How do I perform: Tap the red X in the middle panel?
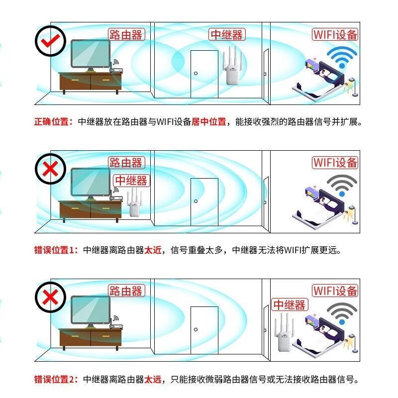coord(50,169)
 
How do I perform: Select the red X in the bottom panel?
coord(50,297)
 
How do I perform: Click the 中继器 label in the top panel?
coord(227,34)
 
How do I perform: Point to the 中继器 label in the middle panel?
coord(131,181)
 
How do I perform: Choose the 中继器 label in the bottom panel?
coord(290,304)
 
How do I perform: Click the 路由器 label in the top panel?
coord(126,34)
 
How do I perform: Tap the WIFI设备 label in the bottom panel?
coord(335,291)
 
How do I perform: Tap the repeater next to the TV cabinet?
coord(134,202)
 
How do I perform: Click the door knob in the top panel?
coord(196,73)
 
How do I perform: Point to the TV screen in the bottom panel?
coord(91,309)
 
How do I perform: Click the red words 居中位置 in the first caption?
coord(208,122)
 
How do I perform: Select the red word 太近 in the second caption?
coord(153,250)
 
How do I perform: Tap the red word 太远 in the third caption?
coord(153,380)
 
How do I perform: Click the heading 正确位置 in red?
coord(52,122)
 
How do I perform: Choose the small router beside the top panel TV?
coord(116,70)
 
